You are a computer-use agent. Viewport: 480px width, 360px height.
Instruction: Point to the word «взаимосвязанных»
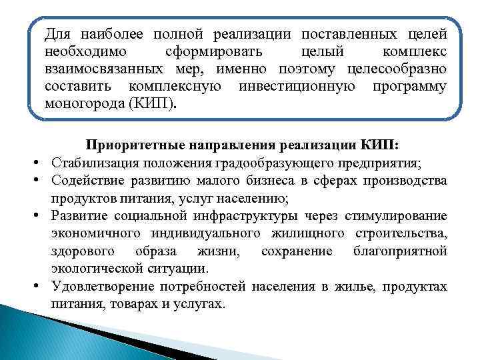pos(98,69)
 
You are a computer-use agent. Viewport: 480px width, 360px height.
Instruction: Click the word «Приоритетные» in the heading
pos(127,146)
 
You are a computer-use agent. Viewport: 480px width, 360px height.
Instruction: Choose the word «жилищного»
pos(313,233)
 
